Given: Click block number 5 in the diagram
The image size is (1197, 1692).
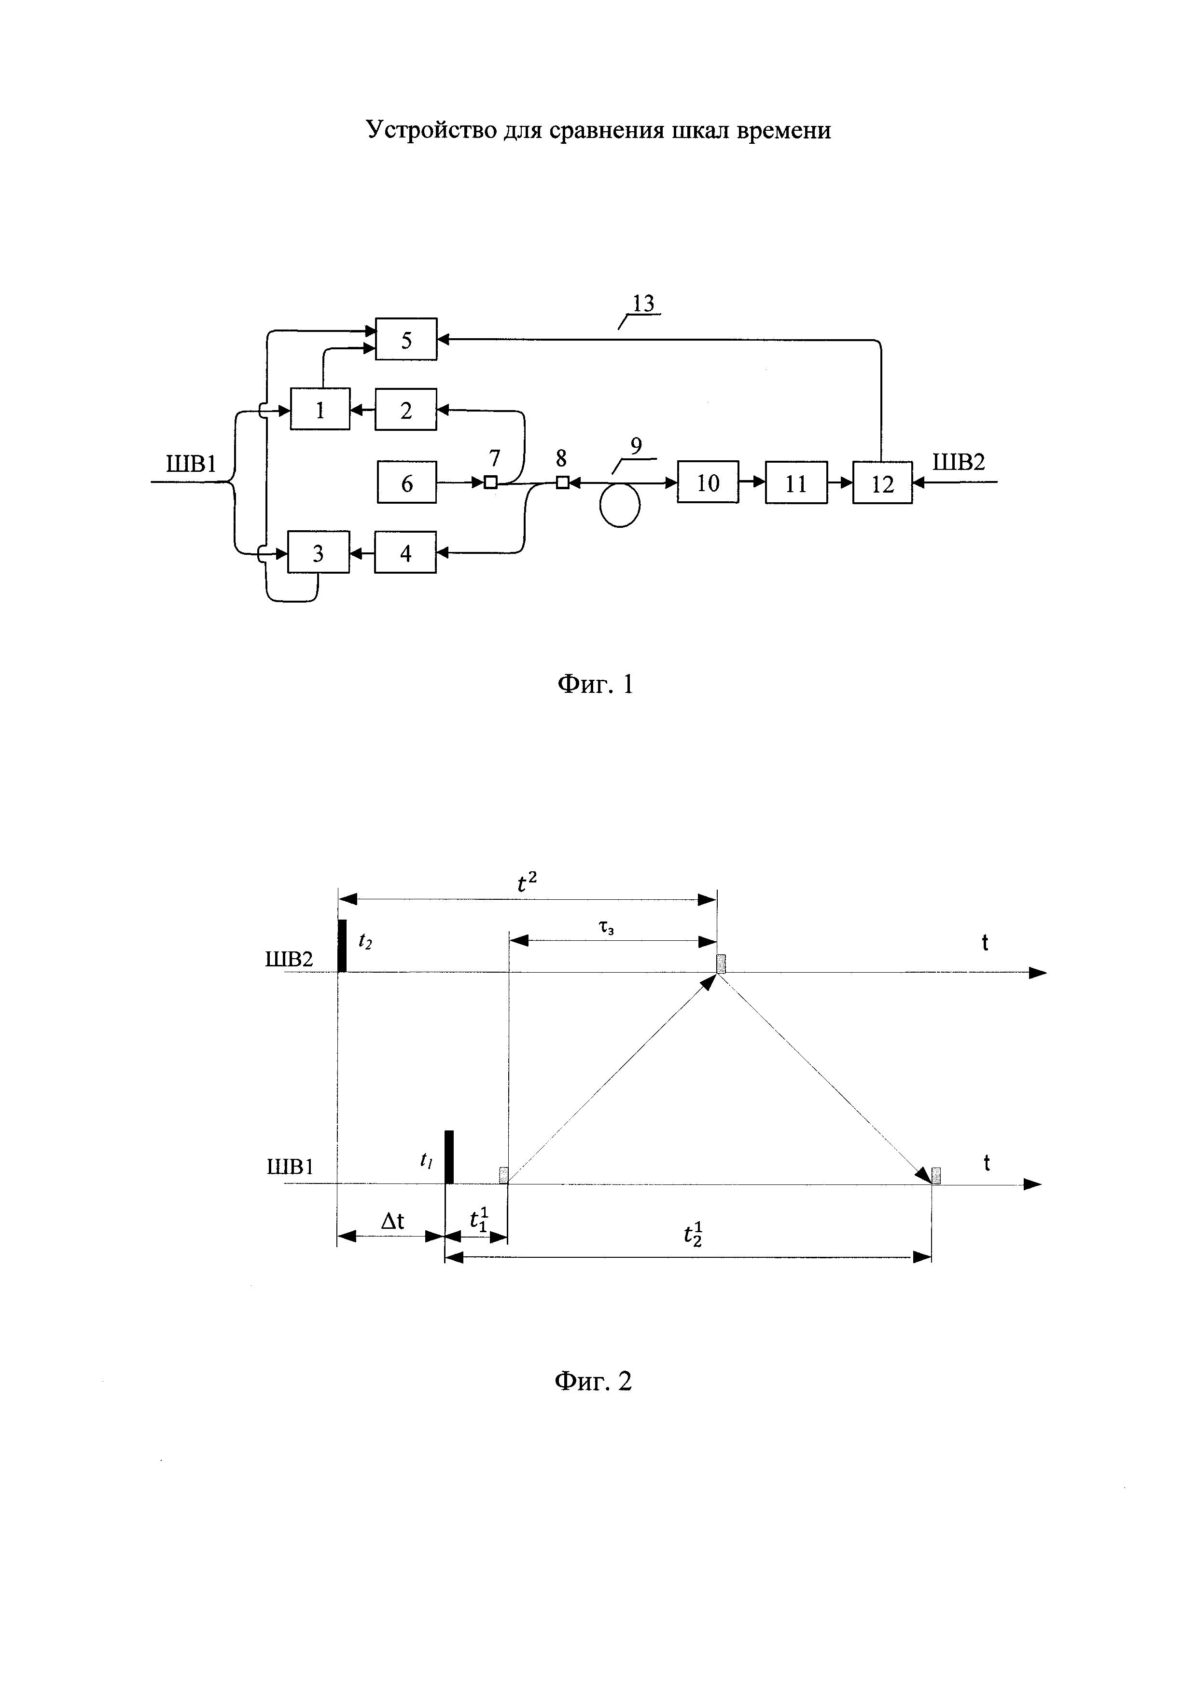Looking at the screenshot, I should [x=406, y=339].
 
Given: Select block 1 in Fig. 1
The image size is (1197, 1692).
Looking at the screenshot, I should [x=320, y=409].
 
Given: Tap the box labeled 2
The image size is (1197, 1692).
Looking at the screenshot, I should [x=405, y=410].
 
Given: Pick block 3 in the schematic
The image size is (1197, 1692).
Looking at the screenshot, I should [x=319, y=553].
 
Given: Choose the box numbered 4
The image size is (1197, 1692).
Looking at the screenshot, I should [x=405, y=553].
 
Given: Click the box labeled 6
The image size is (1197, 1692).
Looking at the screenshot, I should [x=407, y=482].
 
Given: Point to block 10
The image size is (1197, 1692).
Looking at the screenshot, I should [x=708, y=482].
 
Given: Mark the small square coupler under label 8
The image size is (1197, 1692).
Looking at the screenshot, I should [x=562, y=482].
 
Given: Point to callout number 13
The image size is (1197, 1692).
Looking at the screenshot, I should [x=643, y=303].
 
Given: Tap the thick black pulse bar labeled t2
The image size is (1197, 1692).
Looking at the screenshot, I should [x=342, y=946].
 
